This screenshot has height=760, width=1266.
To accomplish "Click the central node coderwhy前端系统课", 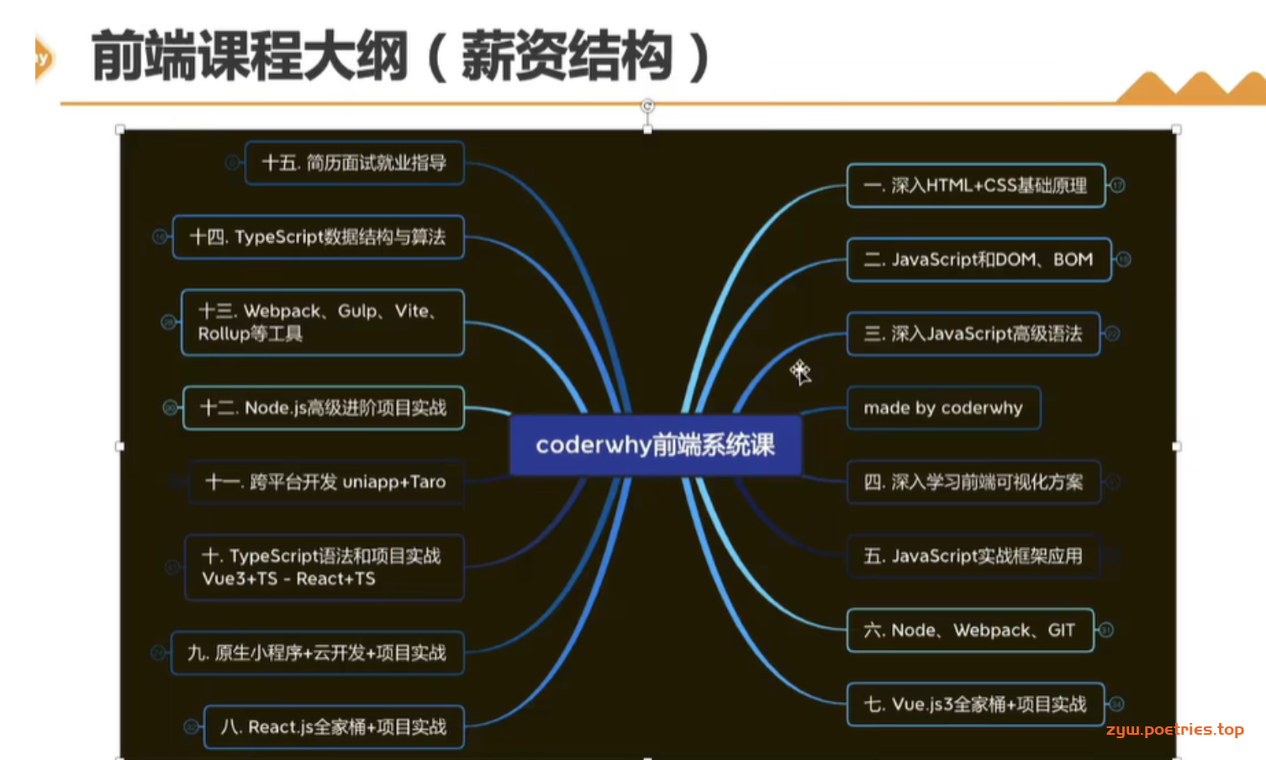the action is tap(656, 446).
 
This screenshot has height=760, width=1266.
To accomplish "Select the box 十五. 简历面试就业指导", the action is tap(355, 163).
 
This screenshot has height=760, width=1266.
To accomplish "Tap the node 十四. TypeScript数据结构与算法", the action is tap(319, 237).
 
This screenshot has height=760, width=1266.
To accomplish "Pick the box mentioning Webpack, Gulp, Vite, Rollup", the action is tap(323, 323).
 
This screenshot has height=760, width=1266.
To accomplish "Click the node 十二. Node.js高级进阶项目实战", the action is tap(324, 408).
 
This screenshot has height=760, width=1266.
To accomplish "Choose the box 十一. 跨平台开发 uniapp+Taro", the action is tap(326, 482).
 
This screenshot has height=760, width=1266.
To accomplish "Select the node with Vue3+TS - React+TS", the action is tap(324, 567).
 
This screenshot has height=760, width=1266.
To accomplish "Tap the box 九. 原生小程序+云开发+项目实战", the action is tap(318, 653).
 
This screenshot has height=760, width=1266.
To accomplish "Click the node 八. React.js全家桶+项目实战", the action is tap(334, 727).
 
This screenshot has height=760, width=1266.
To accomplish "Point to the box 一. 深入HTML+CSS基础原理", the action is tap(976, 185).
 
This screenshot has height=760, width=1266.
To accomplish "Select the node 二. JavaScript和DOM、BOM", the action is tap(979, 260).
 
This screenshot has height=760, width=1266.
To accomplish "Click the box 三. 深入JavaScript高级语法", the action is tap(973, 334).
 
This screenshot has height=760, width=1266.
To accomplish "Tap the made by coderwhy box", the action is tap(944, 408).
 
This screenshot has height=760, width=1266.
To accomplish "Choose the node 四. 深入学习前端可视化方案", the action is tap(973, 482).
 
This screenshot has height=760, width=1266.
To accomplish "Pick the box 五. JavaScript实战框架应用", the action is tap(973, 556).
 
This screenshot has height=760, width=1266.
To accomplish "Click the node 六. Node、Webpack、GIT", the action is tap(970, 630).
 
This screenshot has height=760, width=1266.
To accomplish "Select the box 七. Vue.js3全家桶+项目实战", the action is tap(975, 704).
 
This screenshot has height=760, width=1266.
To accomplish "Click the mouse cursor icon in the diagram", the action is tap(800, 372).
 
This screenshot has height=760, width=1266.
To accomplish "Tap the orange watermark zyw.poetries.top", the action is tap(1175, 730).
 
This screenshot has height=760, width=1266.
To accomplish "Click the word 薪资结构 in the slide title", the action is tap(567, 56).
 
